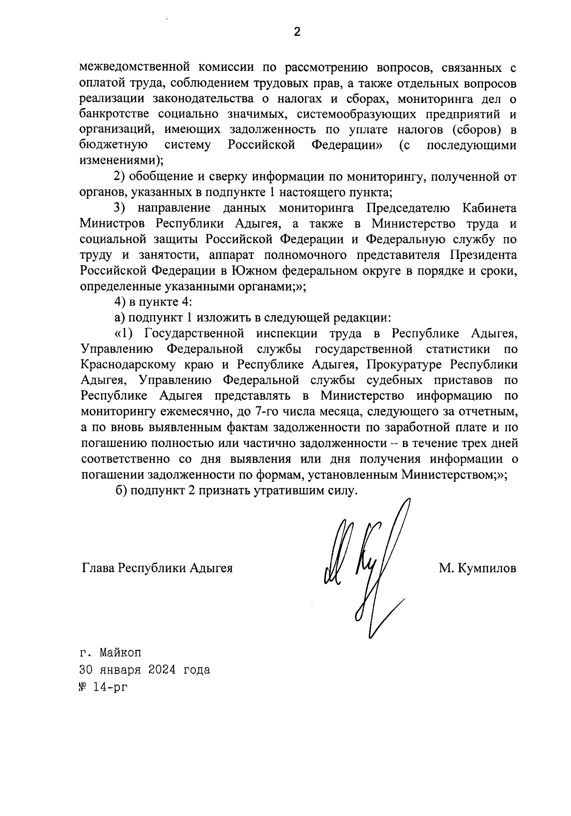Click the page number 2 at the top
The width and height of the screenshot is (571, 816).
(297, 33)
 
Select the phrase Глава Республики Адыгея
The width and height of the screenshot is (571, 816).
(157, 568)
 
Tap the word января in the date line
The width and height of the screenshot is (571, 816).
(120, 670)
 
